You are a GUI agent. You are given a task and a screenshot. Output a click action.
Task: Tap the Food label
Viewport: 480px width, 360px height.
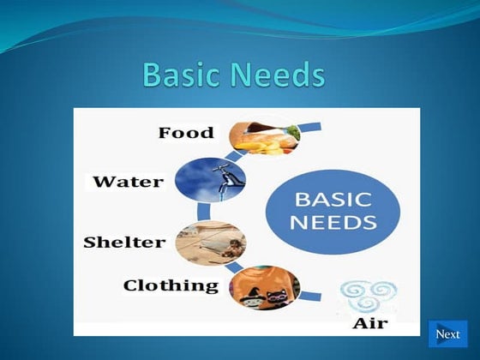pos(187,133)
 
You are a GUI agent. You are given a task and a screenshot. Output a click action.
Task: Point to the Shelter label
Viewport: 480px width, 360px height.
pos(124,243)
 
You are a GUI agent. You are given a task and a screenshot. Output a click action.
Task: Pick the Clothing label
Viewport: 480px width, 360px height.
pos(171,285)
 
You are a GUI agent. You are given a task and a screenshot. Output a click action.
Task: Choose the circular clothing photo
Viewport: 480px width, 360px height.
pos(265,287)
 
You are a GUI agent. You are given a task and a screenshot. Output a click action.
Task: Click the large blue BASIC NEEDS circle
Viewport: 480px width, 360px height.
pos(333,210)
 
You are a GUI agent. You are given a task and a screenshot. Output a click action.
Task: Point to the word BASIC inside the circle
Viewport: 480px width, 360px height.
pos(333,200)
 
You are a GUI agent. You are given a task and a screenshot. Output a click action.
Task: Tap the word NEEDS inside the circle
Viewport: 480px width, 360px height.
pos(334,223)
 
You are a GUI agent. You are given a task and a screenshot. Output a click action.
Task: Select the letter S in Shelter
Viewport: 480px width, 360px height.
pos(89,243)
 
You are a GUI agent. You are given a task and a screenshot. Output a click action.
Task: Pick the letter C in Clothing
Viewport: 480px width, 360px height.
pos(130,285)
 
